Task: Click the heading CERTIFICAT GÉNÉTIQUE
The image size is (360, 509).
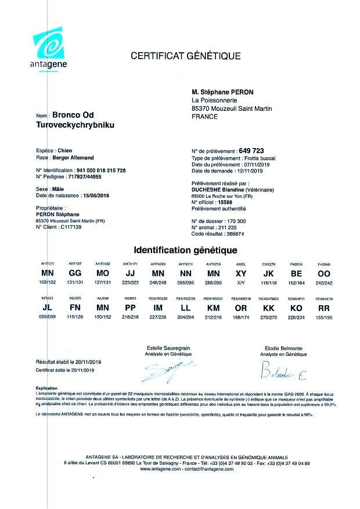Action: (185, 56)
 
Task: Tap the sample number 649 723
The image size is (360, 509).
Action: (253, 150)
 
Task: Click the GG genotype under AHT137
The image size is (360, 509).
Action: (75, 272)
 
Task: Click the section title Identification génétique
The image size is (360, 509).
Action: (185, 251)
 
